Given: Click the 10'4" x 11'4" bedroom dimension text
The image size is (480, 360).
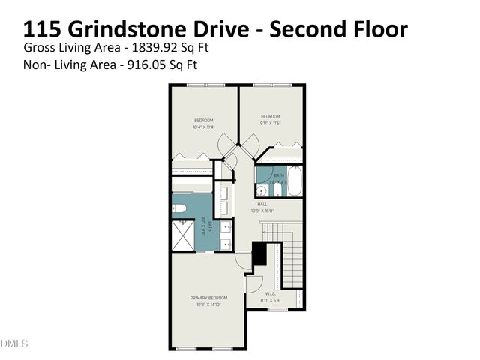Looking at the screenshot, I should point(204,127).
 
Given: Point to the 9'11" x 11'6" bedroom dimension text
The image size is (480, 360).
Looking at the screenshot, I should point(270,123).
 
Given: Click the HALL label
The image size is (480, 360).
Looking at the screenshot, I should point(262,204).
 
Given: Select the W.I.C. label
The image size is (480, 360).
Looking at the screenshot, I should point(271,293).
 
